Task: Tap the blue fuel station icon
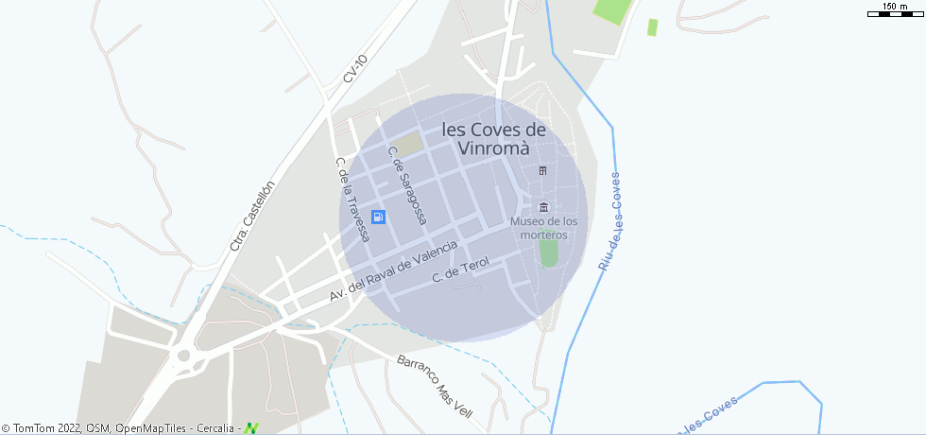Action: [x=378, y=217]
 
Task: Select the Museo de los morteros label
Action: [x=543, y=228]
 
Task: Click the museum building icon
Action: [x=542, y=207]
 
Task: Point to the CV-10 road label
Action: [x=355, y=69]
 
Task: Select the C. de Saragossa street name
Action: [x=407, y=185]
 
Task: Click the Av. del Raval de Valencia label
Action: [x=393, y=270]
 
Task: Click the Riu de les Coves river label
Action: [x=609, y=221]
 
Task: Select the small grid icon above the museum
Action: [x=542, y=170]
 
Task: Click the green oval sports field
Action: [x=548, y=252]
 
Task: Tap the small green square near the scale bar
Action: [x=652, y=26]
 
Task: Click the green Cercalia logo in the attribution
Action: [x=250, y=428]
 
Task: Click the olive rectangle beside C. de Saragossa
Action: [x=408, y=145]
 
